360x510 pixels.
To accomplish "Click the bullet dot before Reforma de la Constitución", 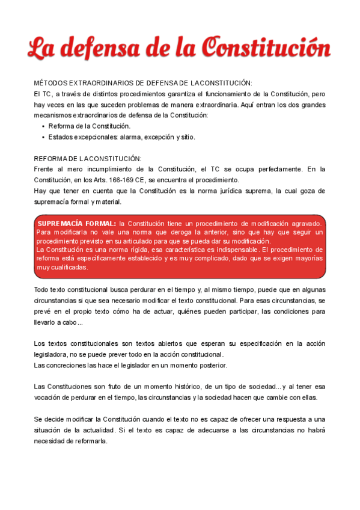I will pos(43,126).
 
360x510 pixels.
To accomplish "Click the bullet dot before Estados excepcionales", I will pos(43,137).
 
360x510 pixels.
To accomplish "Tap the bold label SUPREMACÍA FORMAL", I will pos(77,223).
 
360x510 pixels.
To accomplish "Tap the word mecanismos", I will pos(53,115).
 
